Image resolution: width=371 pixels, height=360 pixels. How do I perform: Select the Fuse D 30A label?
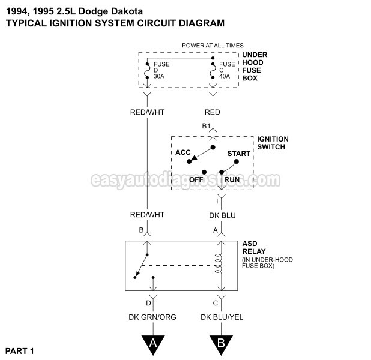(161, 70)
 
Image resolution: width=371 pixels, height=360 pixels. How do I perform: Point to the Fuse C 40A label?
(227, 70)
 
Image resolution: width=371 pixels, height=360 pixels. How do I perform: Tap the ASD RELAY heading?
(254, 247)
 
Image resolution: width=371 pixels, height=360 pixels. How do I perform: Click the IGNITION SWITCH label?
(273, 143)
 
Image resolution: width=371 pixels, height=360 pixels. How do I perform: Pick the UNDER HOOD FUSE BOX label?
(255, 66)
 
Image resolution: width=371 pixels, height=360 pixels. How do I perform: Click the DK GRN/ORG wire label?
(152, 317)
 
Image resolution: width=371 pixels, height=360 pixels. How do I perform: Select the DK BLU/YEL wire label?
(222, 317)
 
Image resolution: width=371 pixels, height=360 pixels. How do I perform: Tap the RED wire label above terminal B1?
(213, 112)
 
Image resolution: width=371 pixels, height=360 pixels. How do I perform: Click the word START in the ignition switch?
(239, 154)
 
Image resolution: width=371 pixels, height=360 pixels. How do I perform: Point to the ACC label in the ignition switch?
(183, 152)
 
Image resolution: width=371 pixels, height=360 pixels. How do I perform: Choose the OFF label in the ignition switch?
(196, 179)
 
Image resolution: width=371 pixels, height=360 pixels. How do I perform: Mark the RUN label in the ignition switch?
(232, 179)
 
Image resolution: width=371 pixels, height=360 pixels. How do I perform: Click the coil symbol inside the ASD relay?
(218, 263)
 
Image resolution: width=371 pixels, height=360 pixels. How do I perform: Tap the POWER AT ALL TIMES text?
(213, 45)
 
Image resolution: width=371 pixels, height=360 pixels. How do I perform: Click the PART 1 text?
(20, 351)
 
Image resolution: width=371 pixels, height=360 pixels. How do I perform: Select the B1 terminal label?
(206, 126)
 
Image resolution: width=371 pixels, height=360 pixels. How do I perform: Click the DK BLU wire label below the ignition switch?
(222, 215)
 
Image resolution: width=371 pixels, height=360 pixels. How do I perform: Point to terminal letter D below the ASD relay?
(148, 303)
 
